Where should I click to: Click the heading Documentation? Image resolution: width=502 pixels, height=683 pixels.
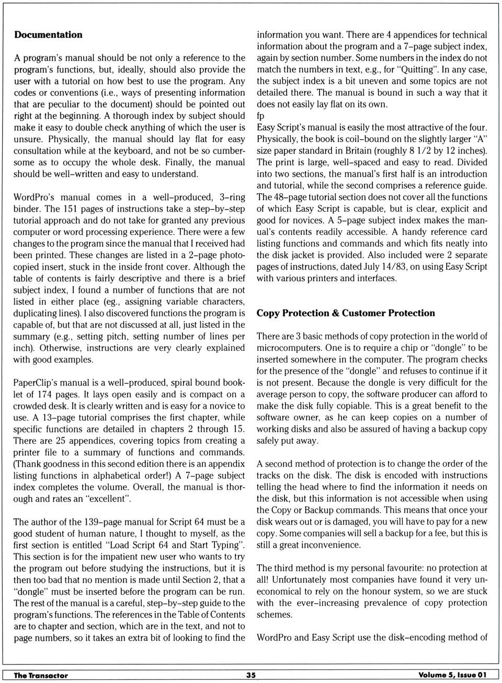48,35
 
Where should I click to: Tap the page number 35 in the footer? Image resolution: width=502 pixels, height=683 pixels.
251,675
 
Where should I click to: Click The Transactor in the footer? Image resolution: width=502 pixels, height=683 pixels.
41,675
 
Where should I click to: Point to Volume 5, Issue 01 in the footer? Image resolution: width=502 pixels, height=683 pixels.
452,675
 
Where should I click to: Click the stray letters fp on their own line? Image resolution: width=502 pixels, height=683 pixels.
260,116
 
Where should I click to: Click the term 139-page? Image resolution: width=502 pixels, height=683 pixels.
102,522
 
